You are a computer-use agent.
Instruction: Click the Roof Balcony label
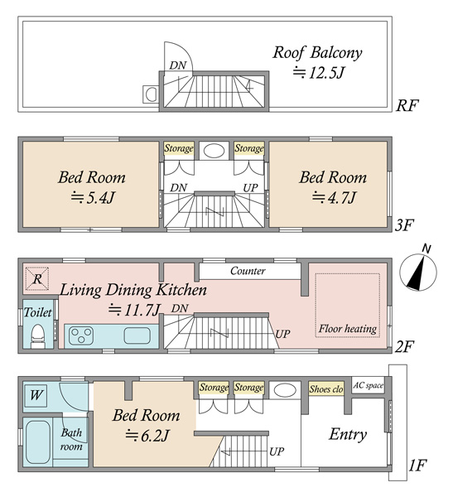[x=317, y=53]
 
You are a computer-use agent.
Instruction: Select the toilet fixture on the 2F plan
[x=39, y=336]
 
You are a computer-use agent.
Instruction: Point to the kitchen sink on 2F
[x=137, y=335]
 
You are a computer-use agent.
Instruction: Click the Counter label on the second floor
[x=248, y=271]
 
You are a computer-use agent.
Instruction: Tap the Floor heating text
[x=348, y=329]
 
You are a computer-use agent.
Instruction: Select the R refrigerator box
[x=37, y=279]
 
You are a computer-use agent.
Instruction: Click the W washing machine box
[x=36, y=396]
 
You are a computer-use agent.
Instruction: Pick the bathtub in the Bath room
[x=37, y=442]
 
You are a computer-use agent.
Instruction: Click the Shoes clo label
[x=326, y=389]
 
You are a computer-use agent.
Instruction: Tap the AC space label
[x=368, y=385]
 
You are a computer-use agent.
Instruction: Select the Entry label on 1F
[x=348, y=435]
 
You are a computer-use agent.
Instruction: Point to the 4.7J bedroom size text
[x=334, y=197]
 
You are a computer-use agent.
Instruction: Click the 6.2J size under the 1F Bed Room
[x=147, y=436]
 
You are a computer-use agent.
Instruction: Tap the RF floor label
[x=407, y=105]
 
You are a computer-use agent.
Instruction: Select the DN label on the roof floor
[x=178, y=65]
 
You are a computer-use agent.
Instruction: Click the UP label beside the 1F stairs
[x=277, y=451]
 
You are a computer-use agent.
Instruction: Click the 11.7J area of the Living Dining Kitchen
[x=134, y=310]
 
